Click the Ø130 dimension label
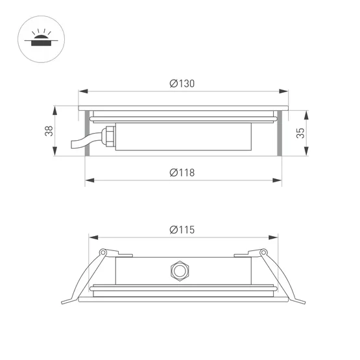click(182, 83)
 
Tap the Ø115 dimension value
click(182, 229)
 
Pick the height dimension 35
click(300, 133)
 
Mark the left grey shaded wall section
click(86, 134)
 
